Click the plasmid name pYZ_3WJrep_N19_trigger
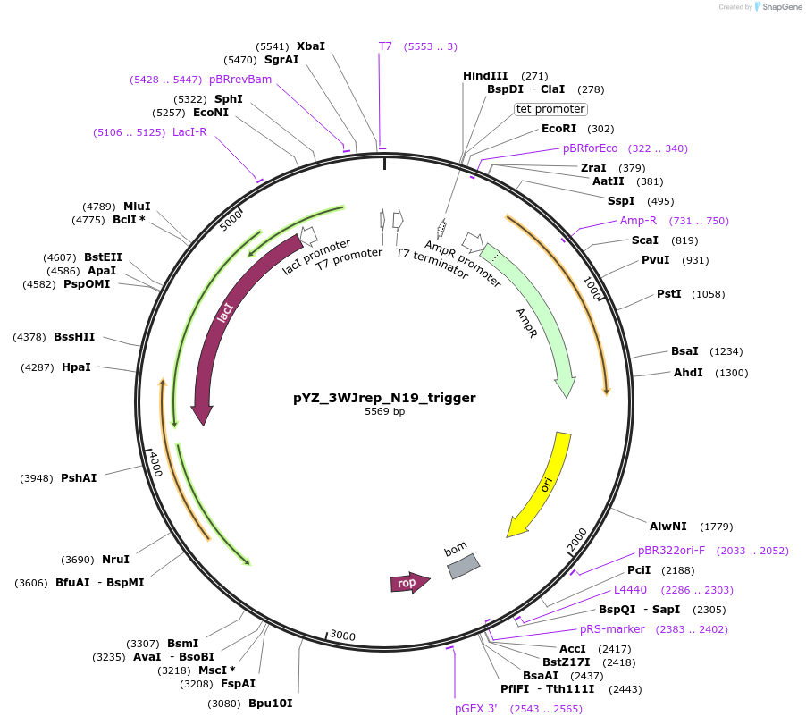point(384,398)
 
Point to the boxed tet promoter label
point(550,109)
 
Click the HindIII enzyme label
point(485,76)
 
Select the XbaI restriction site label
point(311,46)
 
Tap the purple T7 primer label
point(386,46)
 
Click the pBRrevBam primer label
point(240,79)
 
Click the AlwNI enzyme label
point(667,527)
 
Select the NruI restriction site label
point(115,560)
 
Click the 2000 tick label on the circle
point(577,540)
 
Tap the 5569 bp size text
point(384,412)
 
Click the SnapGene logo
point(776,7)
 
